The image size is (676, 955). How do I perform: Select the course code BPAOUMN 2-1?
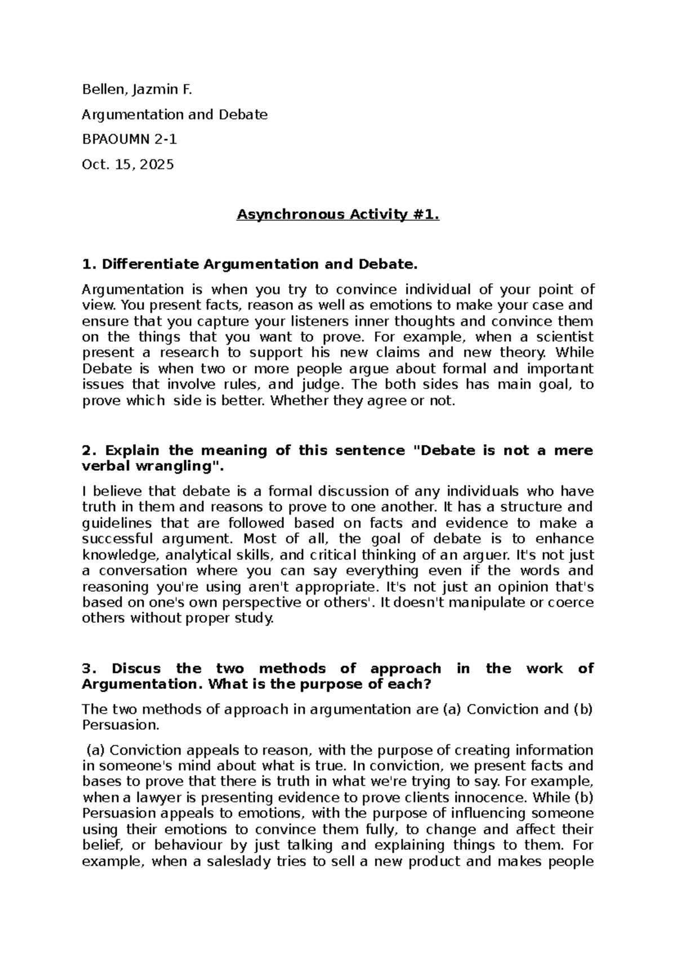tap(130, 140)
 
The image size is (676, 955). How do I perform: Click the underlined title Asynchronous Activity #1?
tap(337, 215)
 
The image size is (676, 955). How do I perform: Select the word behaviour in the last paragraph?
tap(188, 845)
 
